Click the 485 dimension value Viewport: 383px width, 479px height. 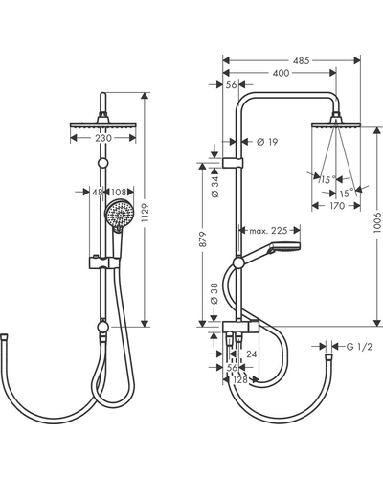tap(302, 60)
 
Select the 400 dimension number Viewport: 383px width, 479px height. tap(281, 73)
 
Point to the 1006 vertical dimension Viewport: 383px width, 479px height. tap(377, 222)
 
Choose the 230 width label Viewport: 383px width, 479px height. tap(103, 138)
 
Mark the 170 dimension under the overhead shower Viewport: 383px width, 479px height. tap(336, 206)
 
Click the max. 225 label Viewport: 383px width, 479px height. tap(268, 231)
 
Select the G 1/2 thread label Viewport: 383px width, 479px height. tap(359, 347)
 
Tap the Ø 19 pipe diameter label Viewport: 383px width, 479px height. tap(267, 142)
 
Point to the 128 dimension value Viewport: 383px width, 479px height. tap(240, 379)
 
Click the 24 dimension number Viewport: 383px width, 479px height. tap(252, 354)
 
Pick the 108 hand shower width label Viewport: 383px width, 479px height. tap(119, 192)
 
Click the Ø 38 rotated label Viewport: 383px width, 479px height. tap(214, 293)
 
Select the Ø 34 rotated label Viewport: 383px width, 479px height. tap(215, 187)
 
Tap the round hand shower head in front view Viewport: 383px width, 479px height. tap(120, 214)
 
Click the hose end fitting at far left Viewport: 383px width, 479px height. tap(5, 336)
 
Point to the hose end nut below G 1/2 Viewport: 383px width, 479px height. tap(328, 355)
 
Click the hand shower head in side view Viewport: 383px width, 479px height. tap(285, 246)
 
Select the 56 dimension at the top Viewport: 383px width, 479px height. tap(231, 85)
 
